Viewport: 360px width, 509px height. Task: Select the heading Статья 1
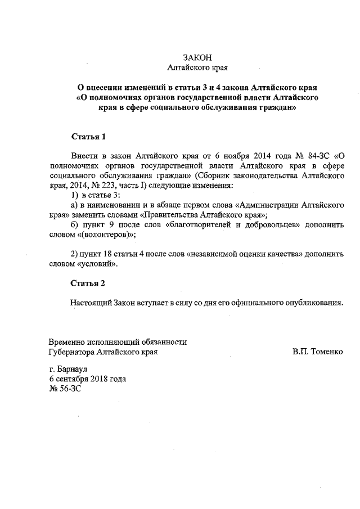[88, 137]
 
